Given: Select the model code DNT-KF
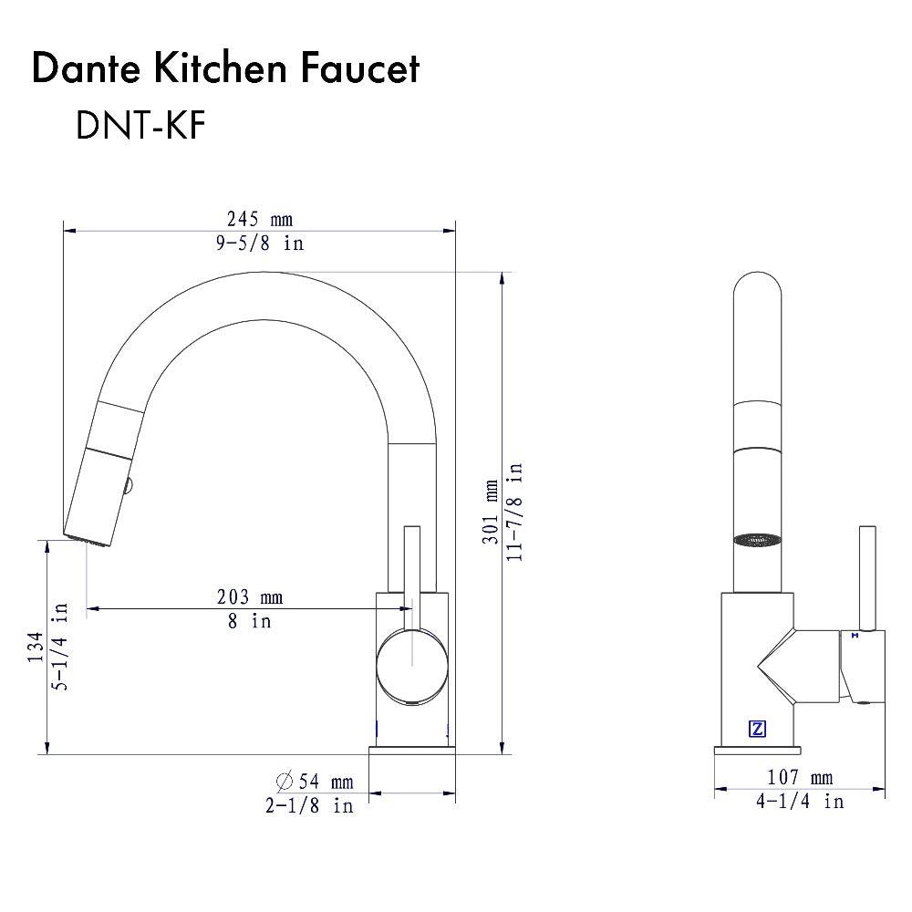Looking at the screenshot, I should click(x=140, y=127).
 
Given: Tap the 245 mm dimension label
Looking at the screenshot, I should click(x=259, y=219).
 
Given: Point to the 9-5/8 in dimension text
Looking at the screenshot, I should click(x=259, y=243).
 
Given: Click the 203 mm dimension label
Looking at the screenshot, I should click(x=249, y=597).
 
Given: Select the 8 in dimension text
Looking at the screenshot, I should click(x=249, y=621).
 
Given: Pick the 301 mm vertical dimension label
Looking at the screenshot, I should click(x=492, y=512).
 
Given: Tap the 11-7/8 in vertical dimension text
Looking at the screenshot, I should click(x=516, y=512).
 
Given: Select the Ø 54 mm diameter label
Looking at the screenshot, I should click(x=314, y=782).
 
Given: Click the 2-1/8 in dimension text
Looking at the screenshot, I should click(x=309, y=806).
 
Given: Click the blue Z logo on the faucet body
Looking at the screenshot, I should click(x=757, y=729).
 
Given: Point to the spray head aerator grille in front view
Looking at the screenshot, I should click(x=756, y=539).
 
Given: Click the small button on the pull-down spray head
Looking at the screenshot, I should click(x=130, y=484).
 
